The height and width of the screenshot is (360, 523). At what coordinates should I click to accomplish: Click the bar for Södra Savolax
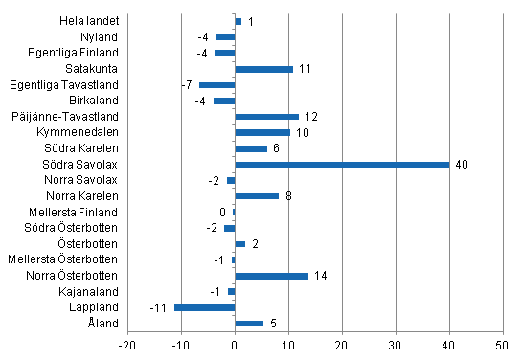click(x=342, y=164)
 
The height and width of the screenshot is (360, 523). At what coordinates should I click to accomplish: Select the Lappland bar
click(x=204, y=307)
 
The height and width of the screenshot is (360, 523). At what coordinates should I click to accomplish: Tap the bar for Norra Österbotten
click(x=271, y=276)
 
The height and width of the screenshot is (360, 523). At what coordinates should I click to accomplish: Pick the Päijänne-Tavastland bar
click(x=266, y=116)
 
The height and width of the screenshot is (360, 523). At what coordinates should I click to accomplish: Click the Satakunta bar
click(x=263, y=69)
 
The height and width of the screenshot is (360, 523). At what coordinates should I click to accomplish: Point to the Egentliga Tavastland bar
click(x=216, y=84)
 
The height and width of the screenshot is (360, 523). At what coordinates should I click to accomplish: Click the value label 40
click(x=462, y=165)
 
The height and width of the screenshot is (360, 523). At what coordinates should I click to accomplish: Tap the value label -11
click(x=159, y=307)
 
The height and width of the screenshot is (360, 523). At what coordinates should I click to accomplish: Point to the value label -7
click(x=186, y=84)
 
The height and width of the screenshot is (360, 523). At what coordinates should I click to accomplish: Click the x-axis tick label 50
click(x=501, y=345)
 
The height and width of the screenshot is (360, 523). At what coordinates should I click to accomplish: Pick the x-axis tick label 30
click(x=395, y=345)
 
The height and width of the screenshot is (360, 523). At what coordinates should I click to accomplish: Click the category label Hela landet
click(x=90, y=20)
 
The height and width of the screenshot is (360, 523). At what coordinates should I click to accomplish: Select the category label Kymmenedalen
click(x=80, y=132)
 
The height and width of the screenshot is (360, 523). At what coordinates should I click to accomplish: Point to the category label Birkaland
click(x=94, y=100)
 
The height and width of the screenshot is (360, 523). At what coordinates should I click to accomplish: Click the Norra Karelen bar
click(x=257, y=196)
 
